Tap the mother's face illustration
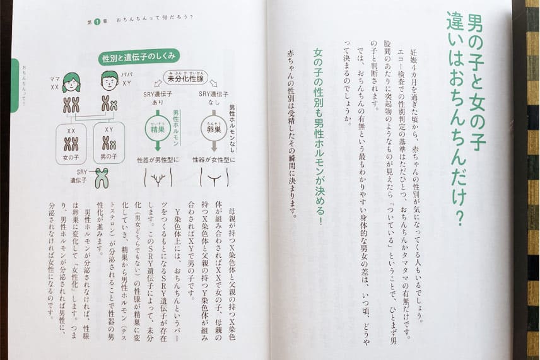coord(71,82)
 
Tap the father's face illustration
coord(109,81)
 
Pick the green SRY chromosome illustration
coord(101,177)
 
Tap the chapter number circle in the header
coord(98,21)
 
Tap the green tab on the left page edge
coord(13,84)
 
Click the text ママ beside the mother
coord(54,78)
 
